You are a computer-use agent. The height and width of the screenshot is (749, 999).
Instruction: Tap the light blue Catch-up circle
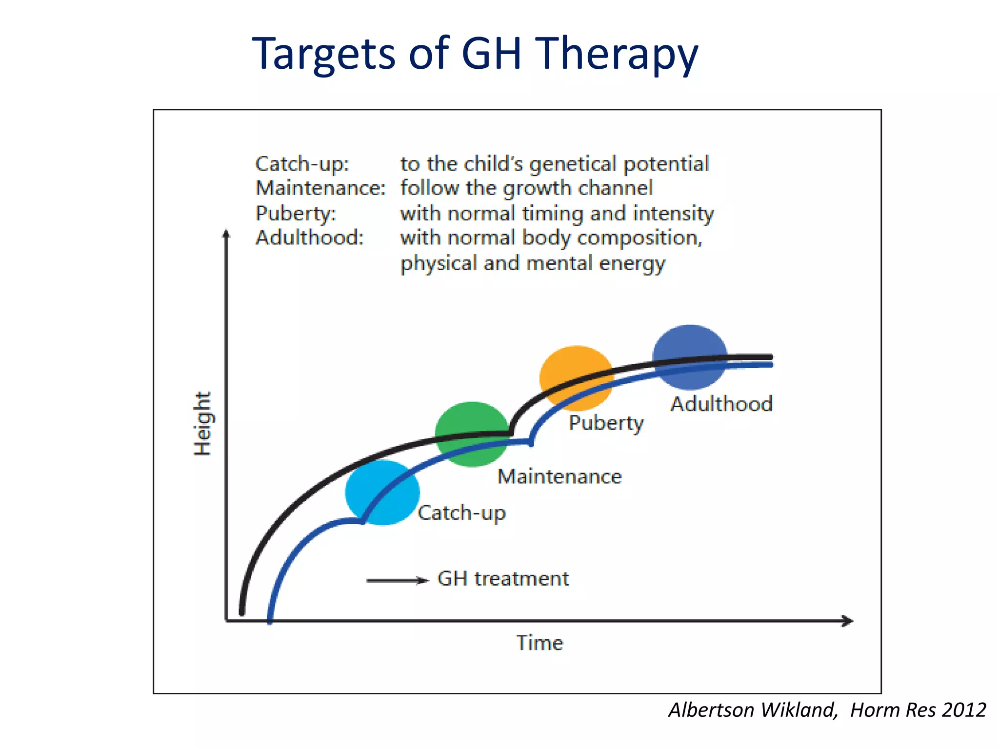point(382,493)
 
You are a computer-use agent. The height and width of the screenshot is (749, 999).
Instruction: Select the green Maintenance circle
point(472,434)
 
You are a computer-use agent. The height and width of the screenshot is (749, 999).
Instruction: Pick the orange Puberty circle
point(577,378)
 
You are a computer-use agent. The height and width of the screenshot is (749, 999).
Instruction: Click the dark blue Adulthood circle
point(690,357)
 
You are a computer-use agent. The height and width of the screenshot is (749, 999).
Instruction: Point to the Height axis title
point(202,423)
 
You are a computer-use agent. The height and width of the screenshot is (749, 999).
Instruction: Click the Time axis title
point(539,643)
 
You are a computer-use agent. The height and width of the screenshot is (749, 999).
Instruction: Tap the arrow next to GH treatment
point(397,580)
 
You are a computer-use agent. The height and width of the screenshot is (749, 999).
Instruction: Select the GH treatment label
point(503,578)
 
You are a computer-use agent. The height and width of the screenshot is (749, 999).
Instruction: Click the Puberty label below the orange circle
point(606,423)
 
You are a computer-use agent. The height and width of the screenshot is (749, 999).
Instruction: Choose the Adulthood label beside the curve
point(721,404)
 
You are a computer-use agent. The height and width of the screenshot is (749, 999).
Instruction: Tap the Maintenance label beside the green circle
point(559,476)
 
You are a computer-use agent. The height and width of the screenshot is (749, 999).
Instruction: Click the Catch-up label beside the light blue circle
point(461,513)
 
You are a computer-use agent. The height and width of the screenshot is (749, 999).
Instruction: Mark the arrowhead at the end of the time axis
point(848,621)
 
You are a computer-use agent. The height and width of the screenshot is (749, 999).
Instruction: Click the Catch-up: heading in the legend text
point(302,164)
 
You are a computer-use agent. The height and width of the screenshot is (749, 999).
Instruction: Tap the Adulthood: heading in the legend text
point(309,238)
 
